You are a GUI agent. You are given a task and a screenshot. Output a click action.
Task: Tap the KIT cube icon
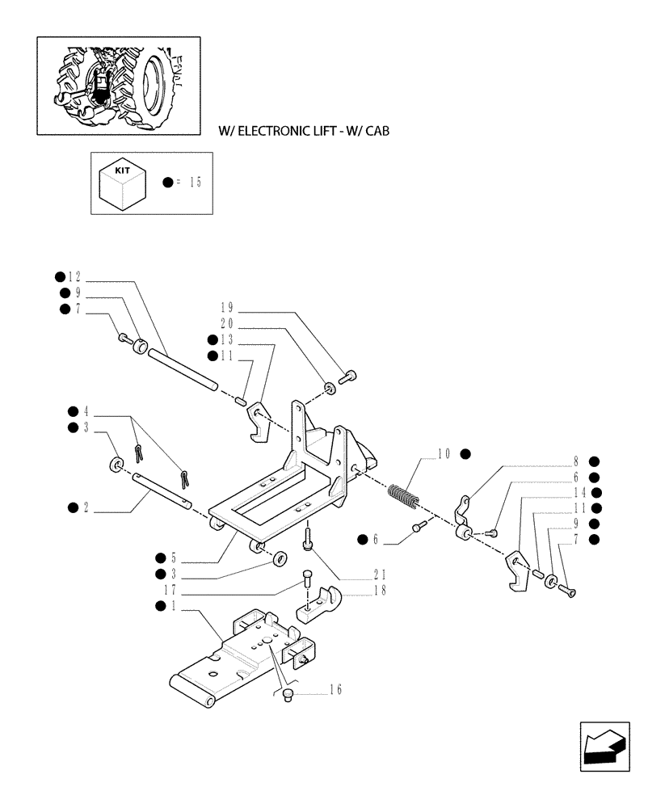click(122, 183)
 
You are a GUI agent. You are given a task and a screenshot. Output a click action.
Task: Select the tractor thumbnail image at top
click(118, 85)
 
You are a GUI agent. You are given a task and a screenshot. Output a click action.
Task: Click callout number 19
click(226, 307)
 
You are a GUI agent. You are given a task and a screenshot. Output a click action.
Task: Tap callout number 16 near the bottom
click(335, 689)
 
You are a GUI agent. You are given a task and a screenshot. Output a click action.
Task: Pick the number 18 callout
click(380, 590)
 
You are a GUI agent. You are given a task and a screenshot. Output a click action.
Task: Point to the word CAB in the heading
click(376, 130)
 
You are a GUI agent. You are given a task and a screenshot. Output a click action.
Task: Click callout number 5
click(173, 558)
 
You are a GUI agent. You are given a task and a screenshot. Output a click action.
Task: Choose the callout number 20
click(226, 323)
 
